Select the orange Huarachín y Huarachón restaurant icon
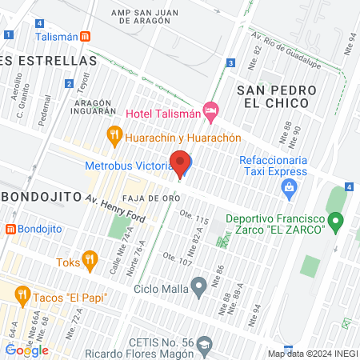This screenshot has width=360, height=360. (114, 137)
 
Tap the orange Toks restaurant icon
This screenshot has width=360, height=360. (89, 261)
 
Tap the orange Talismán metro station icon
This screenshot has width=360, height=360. (85, 37)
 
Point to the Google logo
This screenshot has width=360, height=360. (27, 350)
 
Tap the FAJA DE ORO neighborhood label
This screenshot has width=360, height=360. (145, 196)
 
